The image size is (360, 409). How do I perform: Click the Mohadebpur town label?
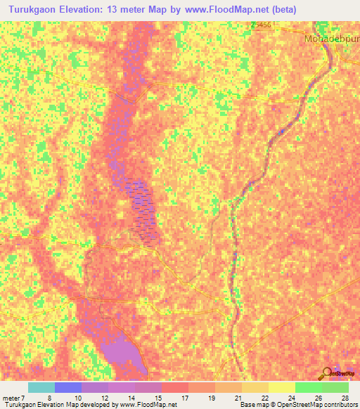tap(332, 38)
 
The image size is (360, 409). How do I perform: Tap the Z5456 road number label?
tap(261, 25)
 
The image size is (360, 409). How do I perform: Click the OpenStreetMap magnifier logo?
tap(326, 375)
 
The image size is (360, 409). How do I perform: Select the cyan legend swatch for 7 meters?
tap(41, 387)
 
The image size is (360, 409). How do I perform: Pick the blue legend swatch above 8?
tap(67, 387)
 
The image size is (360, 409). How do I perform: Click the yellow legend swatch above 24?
tap(281, 387)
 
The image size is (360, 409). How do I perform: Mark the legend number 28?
tap(344, 398)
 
